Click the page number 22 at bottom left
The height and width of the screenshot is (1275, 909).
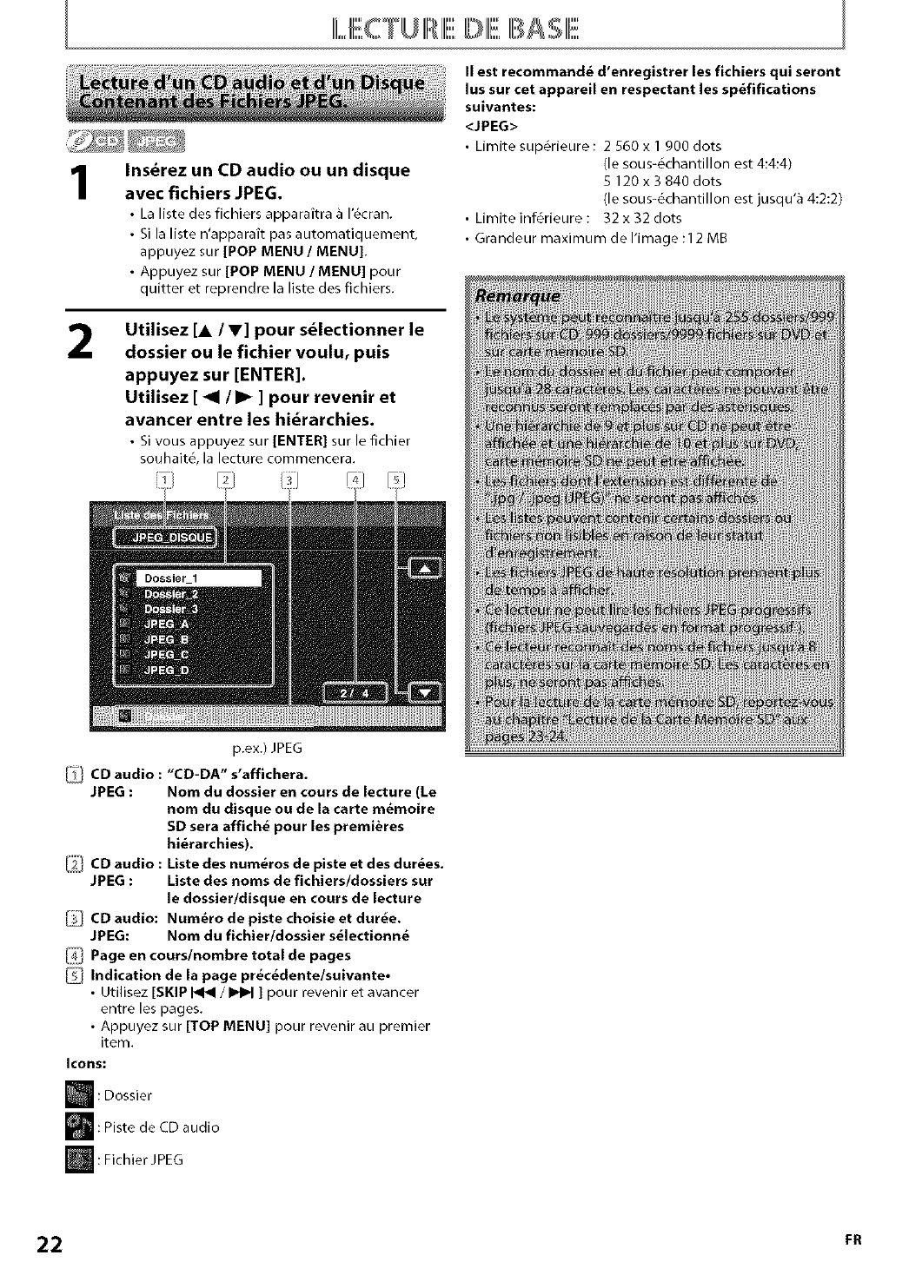[50, 1244]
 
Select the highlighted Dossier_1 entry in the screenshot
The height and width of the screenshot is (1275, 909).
[200, 578]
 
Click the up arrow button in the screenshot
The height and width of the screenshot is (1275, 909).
[425, 568]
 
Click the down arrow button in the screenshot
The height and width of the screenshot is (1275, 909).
[425, 692]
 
